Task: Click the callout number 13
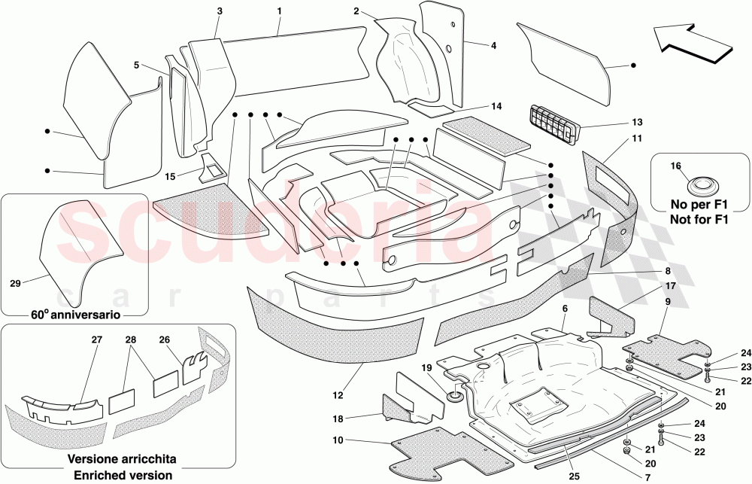pos(638,122)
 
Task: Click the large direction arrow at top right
pos(693,41)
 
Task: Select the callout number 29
pos(15,285)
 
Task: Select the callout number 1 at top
pos(279,11)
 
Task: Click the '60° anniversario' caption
pos(74,315)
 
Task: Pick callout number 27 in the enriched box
pos(97,340)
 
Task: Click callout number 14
pos(496,106)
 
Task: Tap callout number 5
pos(137,65)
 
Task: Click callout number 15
pos(170,175)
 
